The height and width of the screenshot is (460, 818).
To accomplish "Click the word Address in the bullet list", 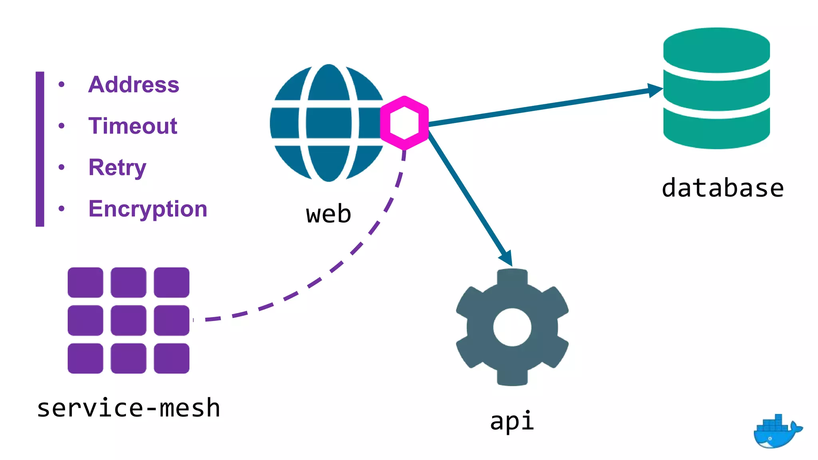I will tap(133, 85).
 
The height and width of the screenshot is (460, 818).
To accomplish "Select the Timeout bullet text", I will tap(133, 126).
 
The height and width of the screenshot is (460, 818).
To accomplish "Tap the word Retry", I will tap(117, 167).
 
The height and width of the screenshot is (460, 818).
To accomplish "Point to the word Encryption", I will tap(148, 209).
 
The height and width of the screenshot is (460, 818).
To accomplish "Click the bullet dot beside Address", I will tap(62, 84).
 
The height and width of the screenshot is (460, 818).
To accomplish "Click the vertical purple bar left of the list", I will tap(40, 149).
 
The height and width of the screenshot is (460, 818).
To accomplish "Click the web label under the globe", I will tap(328, 214).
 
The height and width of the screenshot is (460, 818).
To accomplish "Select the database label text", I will tap(723, 188).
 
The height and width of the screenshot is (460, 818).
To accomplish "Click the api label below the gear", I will tap(512, 420).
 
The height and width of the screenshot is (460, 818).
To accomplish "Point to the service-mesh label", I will tap(129, 408).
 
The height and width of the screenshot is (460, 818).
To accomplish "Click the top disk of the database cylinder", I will tap(717, 50).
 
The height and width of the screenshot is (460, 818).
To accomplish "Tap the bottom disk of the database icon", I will tap(717, 132).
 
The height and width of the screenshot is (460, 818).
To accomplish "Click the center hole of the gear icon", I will tap(512, 327).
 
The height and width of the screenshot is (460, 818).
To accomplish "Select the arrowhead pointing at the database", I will tap(655, 90).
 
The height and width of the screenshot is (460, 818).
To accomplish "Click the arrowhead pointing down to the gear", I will tap(507, 258).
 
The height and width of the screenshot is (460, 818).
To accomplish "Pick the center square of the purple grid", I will tap(128, 320).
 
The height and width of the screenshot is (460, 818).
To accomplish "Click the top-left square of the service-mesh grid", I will tap(85, 282).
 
